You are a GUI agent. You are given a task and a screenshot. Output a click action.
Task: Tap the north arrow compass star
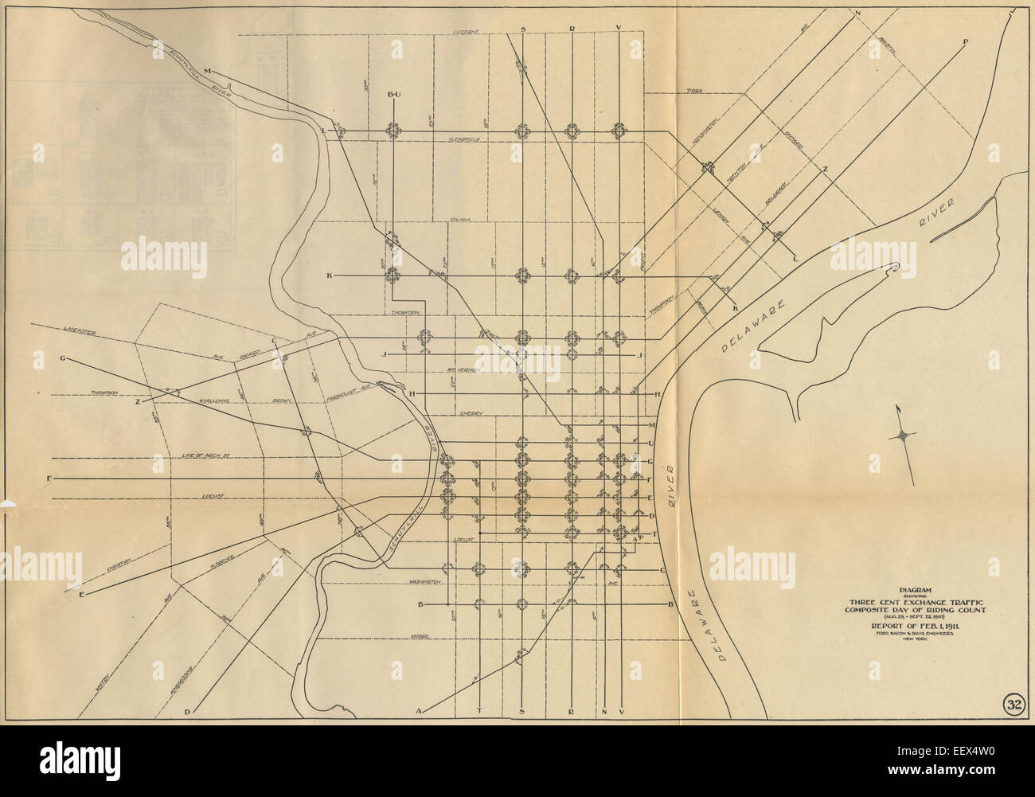(905, 435)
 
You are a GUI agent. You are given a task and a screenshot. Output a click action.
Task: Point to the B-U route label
(393, 95)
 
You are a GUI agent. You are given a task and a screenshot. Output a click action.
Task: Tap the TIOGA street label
(693, 92)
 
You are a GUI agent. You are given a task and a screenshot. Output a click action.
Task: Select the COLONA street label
(461, 219)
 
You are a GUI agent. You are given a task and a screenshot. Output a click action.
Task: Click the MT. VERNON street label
(461, 370)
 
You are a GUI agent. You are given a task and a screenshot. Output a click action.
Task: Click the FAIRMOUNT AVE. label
(350, 390)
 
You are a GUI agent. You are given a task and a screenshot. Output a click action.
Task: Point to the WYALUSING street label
(214, 401)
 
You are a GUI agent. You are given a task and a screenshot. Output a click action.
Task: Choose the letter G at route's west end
(62, 358)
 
